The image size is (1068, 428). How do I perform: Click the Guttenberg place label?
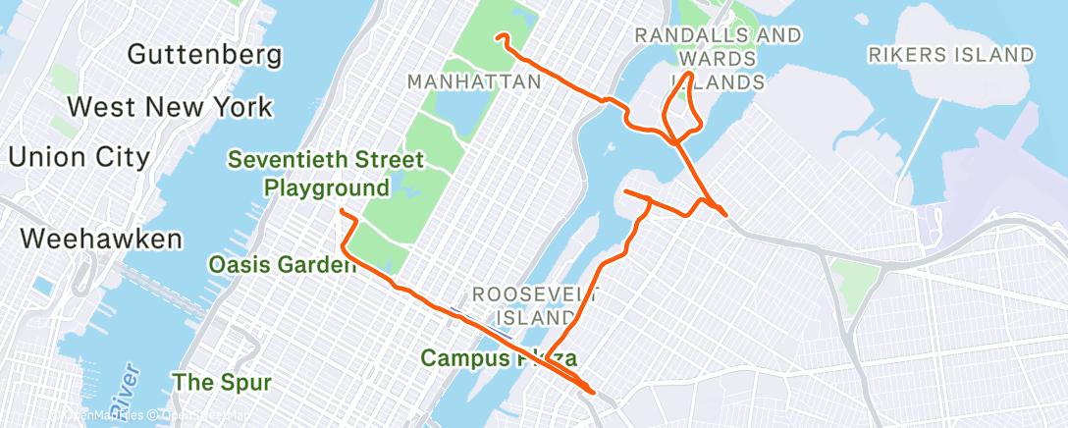(204, 54)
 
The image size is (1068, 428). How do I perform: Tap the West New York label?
(169, 106)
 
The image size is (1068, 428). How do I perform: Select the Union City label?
(79, 156)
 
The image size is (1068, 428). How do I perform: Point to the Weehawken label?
(101, 239)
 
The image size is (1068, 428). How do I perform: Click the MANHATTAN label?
(475, 81)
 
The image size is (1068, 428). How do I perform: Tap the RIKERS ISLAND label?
(950, 55)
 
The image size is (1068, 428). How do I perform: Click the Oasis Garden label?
(282, 264)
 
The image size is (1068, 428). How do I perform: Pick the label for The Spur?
(222, 380)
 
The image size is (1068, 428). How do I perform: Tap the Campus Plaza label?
(498, 358)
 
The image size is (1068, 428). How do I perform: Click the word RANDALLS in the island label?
(683, 35)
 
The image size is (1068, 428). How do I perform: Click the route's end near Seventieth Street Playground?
(341, 211)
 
